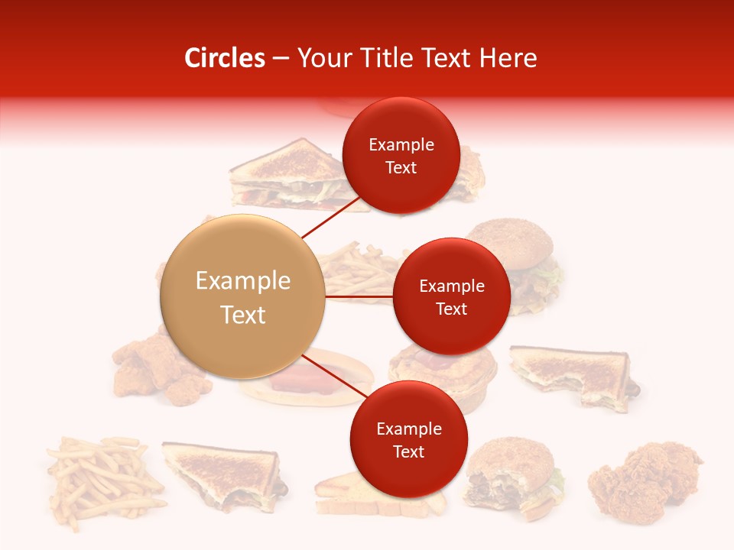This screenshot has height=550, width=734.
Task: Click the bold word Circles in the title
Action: [225, 58]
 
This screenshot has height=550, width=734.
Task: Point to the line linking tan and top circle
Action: [330, 218]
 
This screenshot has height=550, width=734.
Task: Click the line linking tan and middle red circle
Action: [359, 296]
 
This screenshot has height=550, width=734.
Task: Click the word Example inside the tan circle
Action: [242, 281]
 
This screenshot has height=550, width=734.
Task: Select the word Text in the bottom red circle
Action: [408, 451]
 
